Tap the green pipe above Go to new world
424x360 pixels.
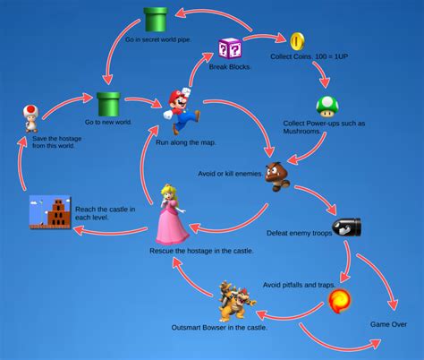click(x=108, y=104)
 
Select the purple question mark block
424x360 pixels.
click(x=230, y=49)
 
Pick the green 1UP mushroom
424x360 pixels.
click(x=327, y=107)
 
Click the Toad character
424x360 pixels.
click(x=31, y=116)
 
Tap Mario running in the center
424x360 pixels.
click(x=182, y=105)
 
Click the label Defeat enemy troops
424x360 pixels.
click(x=299, y=232)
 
